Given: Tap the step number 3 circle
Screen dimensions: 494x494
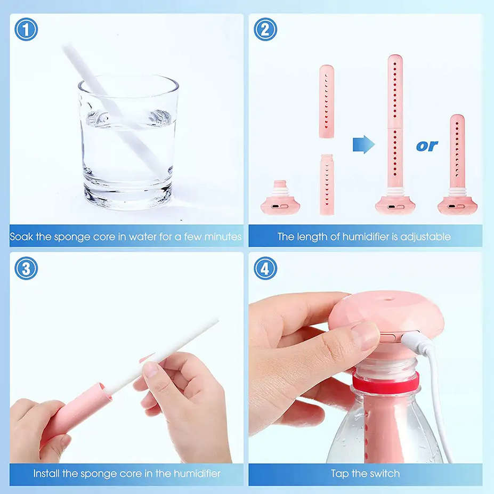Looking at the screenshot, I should coord(26,268).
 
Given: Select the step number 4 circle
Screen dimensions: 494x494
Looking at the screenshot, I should coord(265,268).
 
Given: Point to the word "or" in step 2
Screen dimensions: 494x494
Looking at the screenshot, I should coord(426,145).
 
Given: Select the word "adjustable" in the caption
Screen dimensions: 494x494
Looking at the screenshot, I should coord(424,236).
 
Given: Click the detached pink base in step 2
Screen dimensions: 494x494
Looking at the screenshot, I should coord(280,200).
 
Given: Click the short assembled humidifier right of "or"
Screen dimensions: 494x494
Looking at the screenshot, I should coord(457,165).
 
